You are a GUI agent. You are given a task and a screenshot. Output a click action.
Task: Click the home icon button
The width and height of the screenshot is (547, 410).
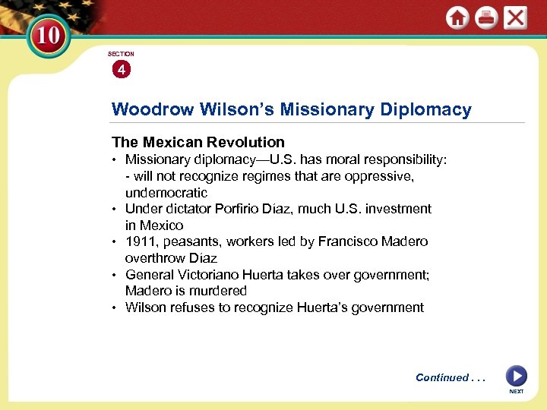(x=457, y=18)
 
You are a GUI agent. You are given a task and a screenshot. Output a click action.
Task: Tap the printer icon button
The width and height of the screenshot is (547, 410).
(x=485, y=18)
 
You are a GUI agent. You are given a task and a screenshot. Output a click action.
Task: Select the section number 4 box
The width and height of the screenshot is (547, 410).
(x=121, y=70)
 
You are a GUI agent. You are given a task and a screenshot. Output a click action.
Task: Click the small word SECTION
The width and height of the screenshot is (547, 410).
(x=121, y=54)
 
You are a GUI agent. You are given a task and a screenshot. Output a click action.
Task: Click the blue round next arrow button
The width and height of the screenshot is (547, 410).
(x=516, y=376)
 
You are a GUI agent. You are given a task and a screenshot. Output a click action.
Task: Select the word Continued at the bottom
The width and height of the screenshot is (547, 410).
(x=442, y=377)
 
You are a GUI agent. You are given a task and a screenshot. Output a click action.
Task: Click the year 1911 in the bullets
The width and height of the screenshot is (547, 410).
(x=140, y=241)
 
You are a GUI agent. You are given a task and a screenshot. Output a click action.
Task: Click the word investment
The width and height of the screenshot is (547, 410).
(x=394, y=209)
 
